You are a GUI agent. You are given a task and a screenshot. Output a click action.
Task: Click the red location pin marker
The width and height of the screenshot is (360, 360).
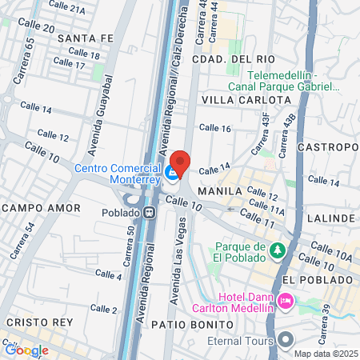(x=180, y=163)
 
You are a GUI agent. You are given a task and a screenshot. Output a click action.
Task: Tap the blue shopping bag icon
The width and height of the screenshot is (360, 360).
(x=171, y=172)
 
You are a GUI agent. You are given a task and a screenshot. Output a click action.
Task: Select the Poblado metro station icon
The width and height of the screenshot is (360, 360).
(x=149, y=214)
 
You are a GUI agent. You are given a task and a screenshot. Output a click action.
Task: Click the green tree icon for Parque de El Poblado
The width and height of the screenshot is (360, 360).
(x=277, y=251)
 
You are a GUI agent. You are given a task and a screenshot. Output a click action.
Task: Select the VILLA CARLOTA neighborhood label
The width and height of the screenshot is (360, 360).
(x=246, y=99)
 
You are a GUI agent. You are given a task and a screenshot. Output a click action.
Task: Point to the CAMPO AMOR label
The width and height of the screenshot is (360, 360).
(x=40, y=208)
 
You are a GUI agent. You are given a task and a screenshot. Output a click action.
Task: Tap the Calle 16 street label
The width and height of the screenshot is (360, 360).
(x=214, y=128)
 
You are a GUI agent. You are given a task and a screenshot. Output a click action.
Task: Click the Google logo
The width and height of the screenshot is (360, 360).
(x=26, y=350)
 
